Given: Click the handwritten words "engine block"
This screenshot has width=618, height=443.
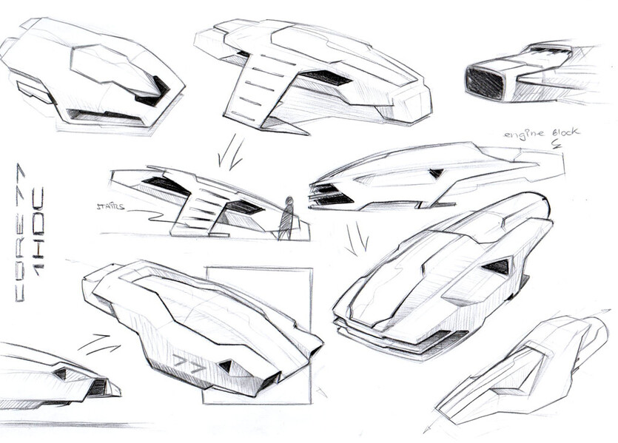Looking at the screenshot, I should (x=542, y=134).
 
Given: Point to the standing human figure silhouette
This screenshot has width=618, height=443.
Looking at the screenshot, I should (x=286, y=218).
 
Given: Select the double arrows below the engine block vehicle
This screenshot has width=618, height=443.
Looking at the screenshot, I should (x=357, y=238).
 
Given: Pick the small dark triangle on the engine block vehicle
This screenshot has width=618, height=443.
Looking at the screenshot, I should (x=436, y=173).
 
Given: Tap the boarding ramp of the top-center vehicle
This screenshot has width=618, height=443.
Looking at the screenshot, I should (x=255, y=92).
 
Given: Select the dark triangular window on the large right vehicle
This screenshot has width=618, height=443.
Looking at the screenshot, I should (x=499, y=266).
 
